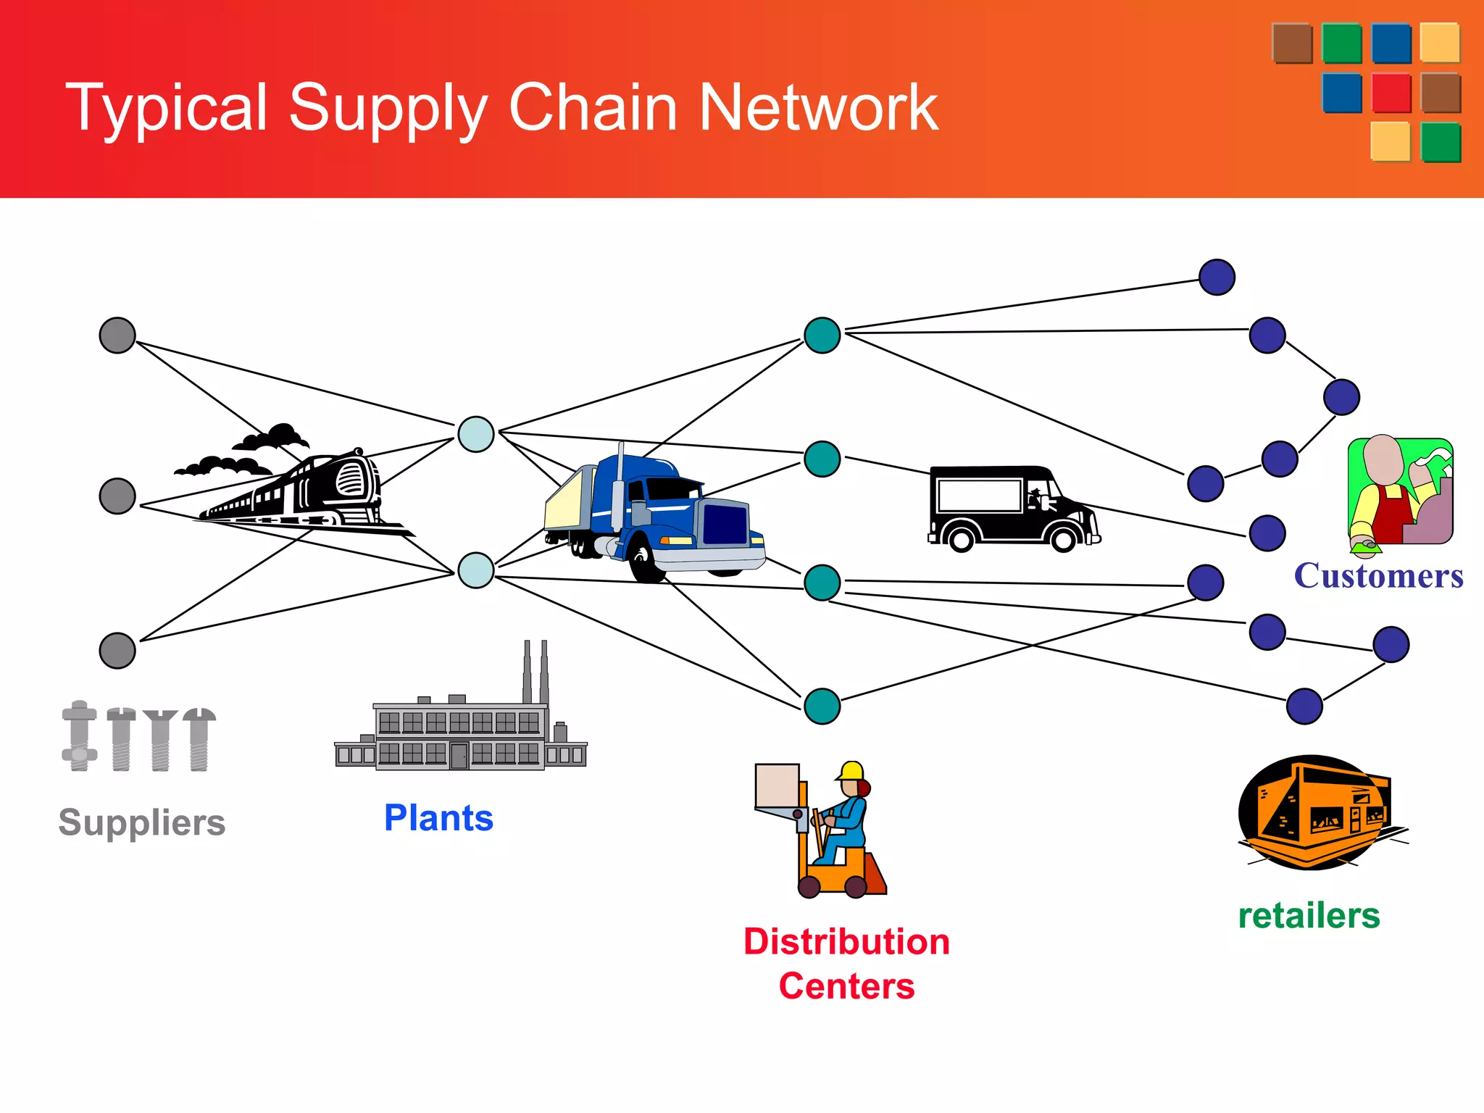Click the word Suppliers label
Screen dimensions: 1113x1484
pyautogui.click(x=142, y=822)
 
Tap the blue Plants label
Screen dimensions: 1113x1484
pyautogui.click(x=438, y=818)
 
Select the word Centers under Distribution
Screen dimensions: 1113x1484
pyautogui.click(x=846, y=986)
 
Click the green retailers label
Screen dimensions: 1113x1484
pyautogui.click(x=1309, y=915)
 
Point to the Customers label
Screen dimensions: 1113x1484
pyautogui.click(x=1378, y=576)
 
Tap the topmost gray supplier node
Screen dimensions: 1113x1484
pyautogui.click(x=117, y=335)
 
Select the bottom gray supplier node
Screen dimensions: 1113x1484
pyautogui.click(x=117, y=650)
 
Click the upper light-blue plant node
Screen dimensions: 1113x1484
pyautogui.click(x=476, y=435)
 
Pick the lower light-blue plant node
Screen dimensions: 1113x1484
pyautogui.click(x=476, y=570)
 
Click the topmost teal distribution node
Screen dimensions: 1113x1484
pyautogui.click(x=822, y=335)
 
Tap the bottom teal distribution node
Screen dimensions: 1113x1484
pyautogui.click(x=822, y=706)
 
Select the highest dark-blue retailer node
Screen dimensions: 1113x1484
pyautogui.click(x=1217, y=278)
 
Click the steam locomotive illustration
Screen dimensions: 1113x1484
pyautogui.click(x=304, y=485)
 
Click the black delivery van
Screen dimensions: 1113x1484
pyautogui.click(x=1011, y=507)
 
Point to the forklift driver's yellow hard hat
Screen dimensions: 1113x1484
pyautogui.click(x=852, y=770)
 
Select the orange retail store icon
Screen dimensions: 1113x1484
pyautogui.click(x=1315, y=812)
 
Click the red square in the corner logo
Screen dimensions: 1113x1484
pyautogui.click(x=1391, y=93)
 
